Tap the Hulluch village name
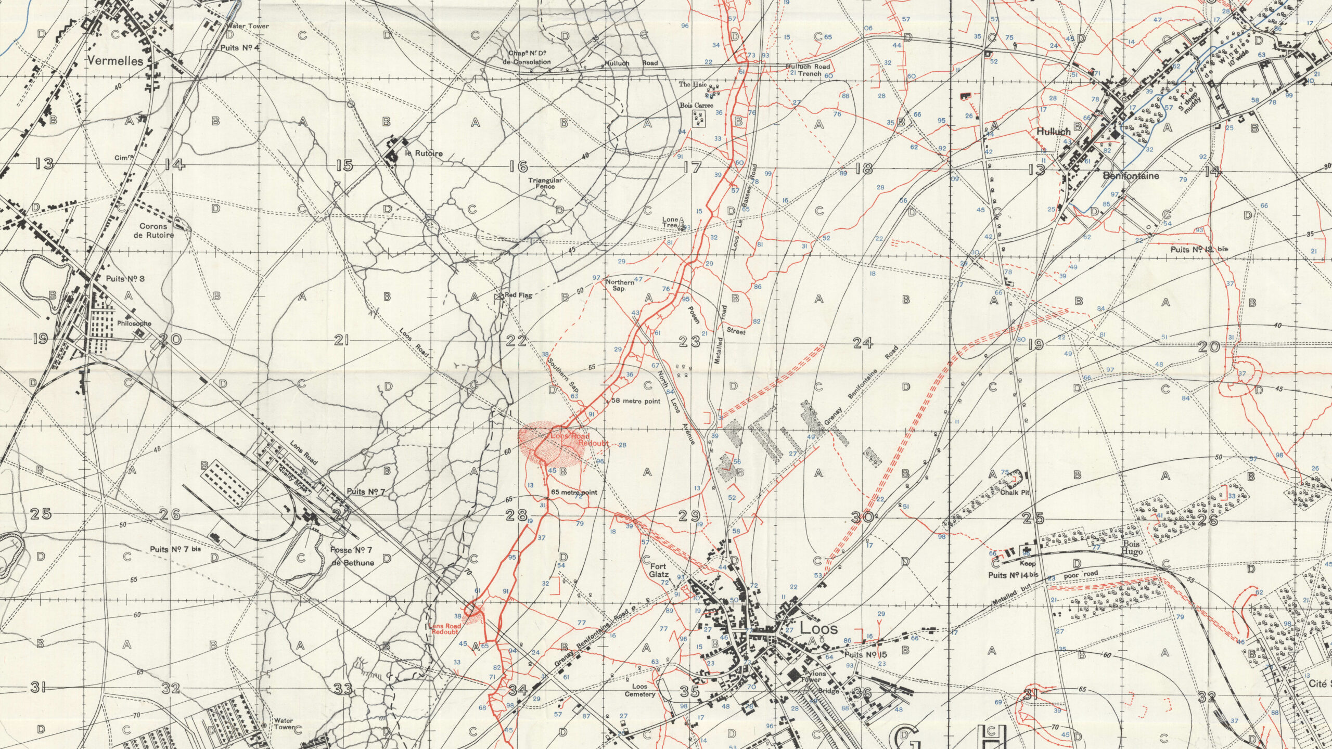[1054, 132]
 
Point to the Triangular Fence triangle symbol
[544, 192]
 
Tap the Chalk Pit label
[1014, 492]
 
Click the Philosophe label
[134, 323]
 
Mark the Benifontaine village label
[1130, 176]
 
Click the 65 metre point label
[573, 492]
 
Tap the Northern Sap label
[620, 285]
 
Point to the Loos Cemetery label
[640, 690]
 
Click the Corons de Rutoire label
[157, 230]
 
